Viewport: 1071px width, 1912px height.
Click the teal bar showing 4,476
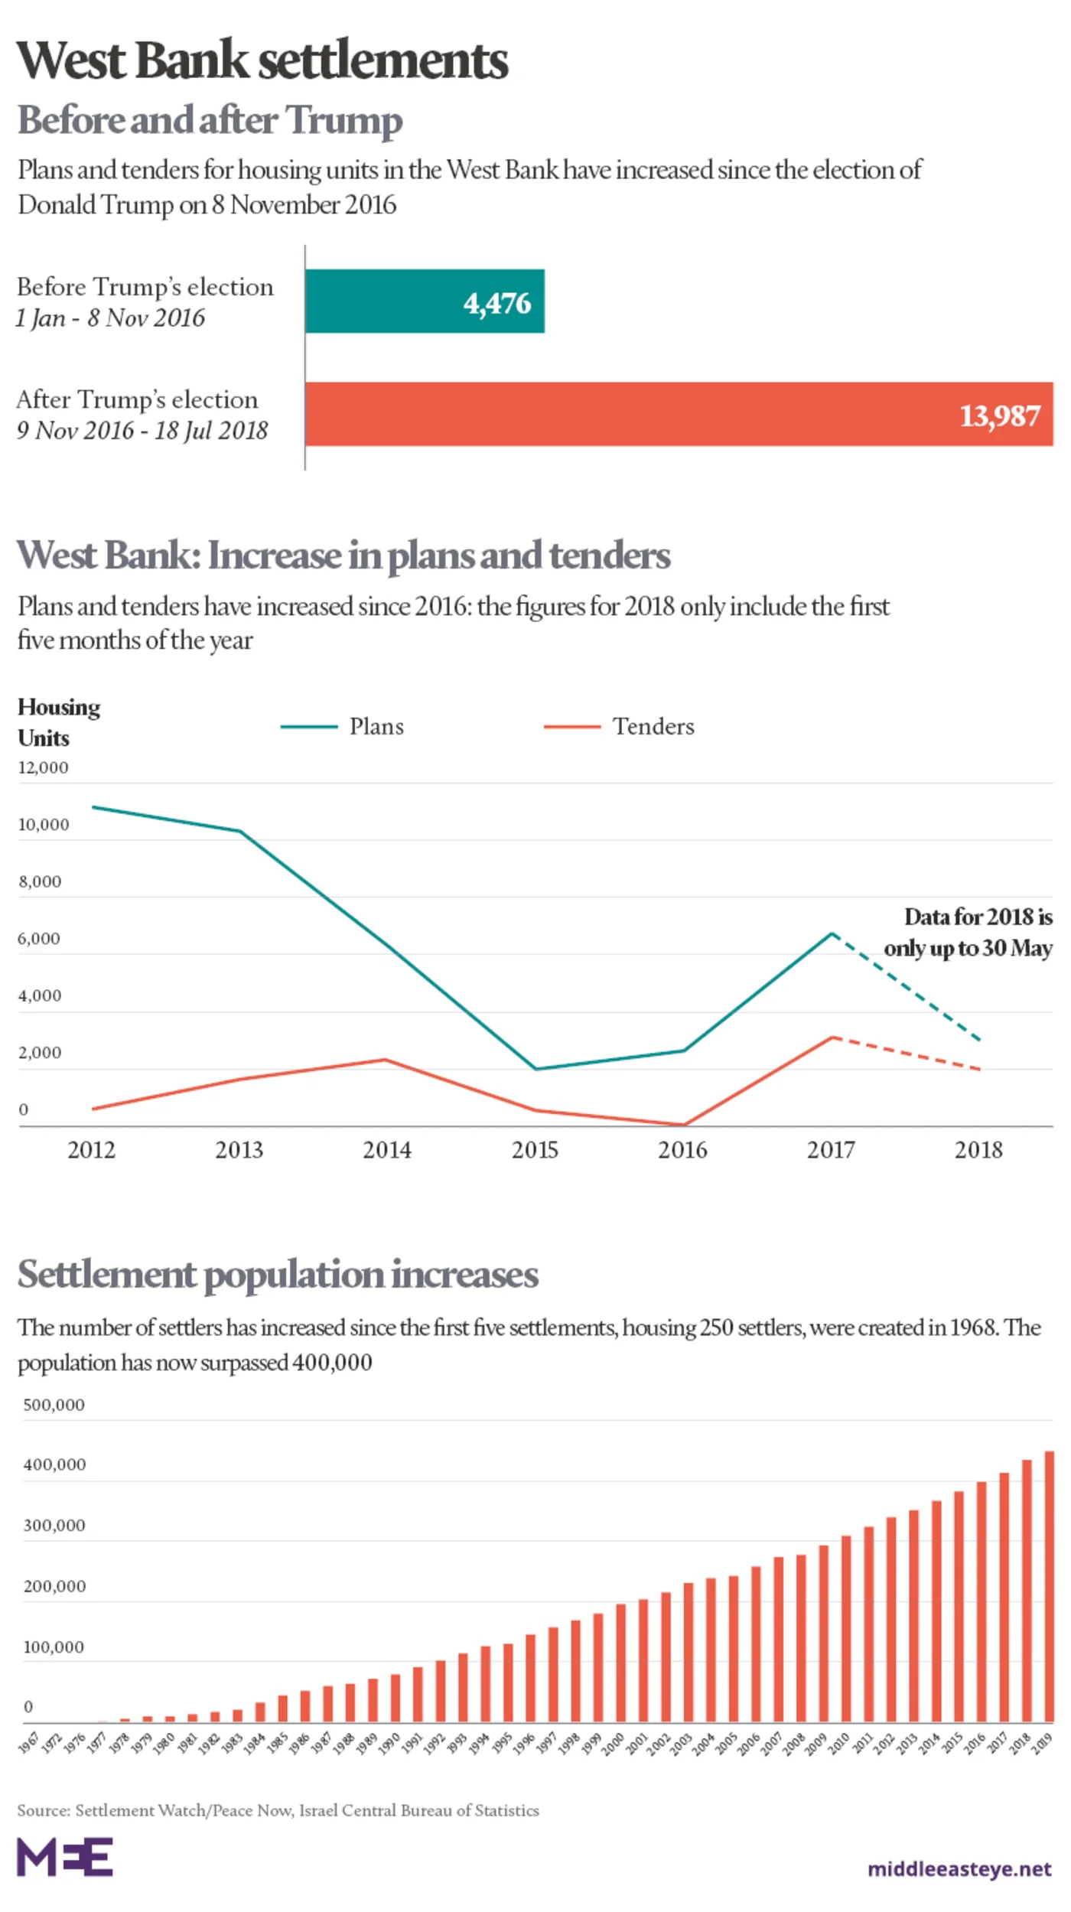[425, 301]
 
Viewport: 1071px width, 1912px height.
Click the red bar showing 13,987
[678, 414]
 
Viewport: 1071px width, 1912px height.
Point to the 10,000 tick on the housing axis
[43, 825]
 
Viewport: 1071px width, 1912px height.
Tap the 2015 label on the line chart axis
[535, 1150]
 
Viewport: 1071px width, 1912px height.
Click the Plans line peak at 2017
[832, 933]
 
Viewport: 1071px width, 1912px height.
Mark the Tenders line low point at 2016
[683, 1125]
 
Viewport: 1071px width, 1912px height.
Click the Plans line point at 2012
[93, 807]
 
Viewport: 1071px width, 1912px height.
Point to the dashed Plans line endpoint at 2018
[979, 1040]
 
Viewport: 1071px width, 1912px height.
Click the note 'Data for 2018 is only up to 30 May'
[968, 932]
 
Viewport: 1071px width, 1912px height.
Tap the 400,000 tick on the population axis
[54, 1464]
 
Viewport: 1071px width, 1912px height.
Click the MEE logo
[65, 1856]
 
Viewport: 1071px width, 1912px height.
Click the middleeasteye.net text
[959, 1869]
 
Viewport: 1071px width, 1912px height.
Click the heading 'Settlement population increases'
[278, 1275]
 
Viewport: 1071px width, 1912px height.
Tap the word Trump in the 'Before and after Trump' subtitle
[343, 120]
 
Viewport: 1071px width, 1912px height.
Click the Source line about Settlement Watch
[278, 1810]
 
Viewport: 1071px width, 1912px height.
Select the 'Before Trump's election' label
[145, 287]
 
